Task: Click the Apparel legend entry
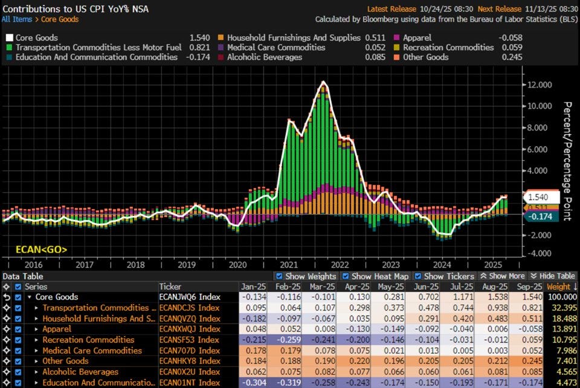point(417,37)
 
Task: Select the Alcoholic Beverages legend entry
point(264,57)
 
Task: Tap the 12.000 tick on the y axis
point(539,85)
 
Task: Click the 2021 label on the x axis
point(288,264)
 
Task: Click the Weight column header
point(561,286)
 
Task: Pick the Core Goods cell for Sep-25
point(527,297)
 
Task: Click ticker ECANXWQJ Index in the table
point(189,329)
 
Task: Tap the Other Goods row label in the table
point(65,361)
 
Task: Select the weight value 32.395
point(562,308)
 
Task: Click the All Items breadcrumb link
point(16,19)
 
